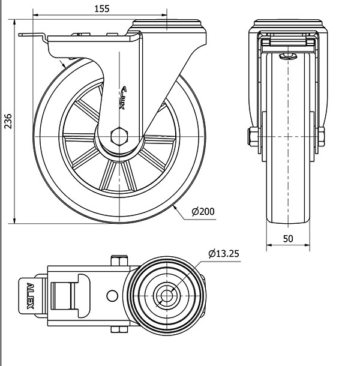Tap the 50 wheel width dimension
coord(288,238)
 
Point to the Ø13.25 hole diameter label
coord(224,254)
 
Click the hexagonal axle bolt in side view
coord(120,136)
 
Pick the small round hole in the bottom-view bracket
coord(111,295)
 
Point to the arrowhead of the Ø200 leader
coord(174,206)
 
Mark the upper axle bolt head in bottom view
coord(120,260)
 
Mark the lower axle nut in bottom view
coord(120,329)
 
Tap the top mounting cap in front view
coord(288,25)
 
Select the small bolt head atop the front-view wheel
coord(287,56)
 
